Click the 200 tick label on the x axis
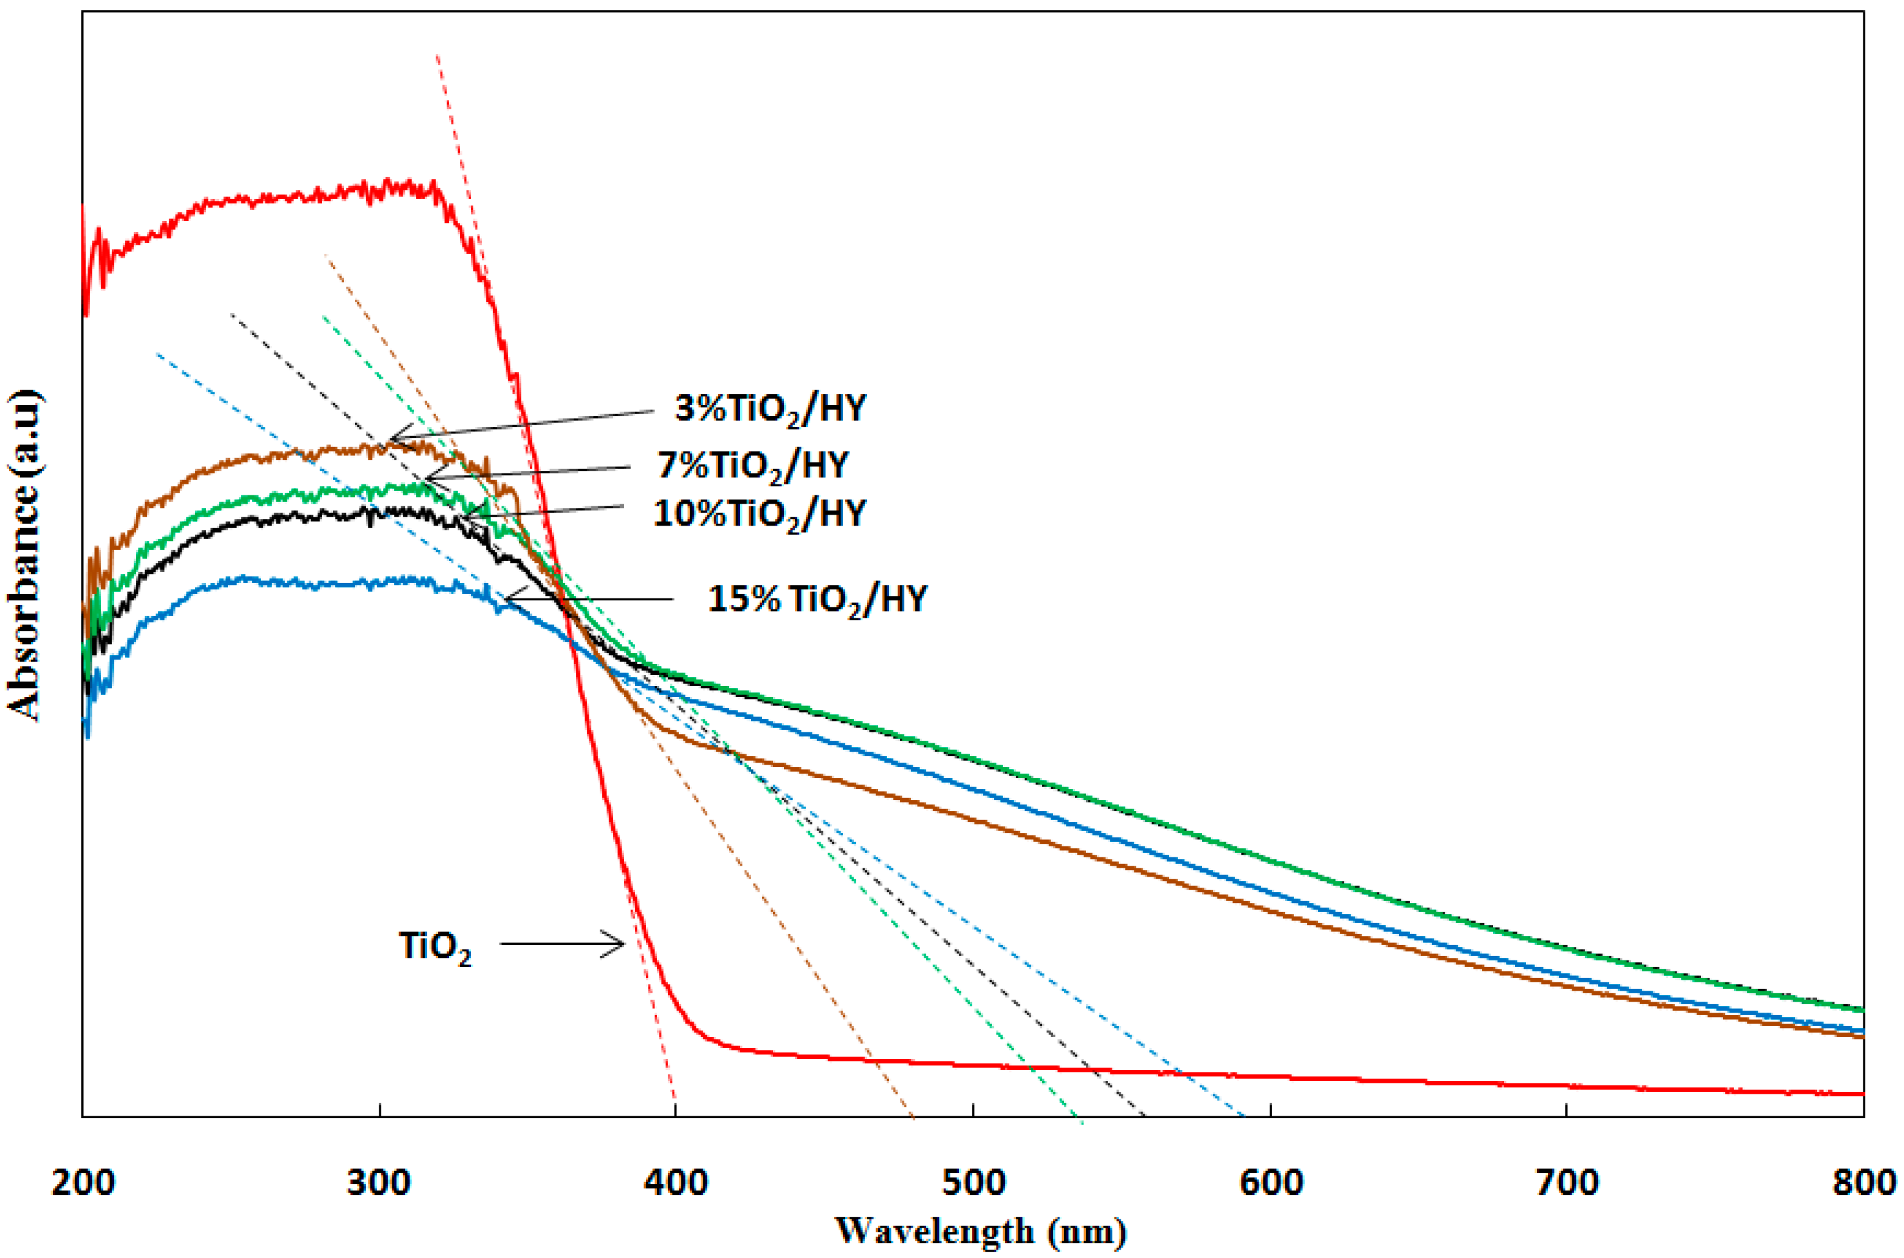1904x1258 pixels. tap(82, 1183)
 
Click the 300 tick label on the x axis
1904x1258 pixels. tap(379, 1183)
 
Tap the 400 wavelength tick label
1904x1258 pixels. tap(676, 1183)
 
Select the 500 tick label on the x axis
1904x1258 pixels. tap(973, 1183)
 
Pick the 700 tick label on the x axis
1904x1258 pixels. tap(1567, 1183)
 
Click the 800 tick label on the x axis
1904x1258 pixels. tap(1862, 1183)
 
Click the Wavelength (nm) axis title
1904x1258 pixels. tap(980, 1231)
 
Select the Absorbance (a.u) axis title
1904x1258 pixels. tap(24, 555)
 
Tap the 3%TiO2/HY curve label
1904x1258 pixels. tap(771, 409)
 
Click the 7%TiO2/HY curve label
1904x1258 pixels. tap(752, 465)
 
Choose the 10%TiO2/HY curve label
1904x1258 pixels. tap(759, 514)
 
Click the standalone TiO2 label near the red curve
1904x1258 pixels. tap(435, 947)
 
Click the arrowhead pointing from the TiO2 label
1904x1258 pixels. tap(618, 944)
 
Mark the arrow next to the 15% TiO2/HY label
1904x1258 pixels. tap(589, 598)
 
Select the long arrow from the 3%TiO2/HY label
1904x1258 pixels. tap(521, 425)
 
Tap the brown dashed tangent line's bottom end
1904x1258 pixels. tap(913, 1115)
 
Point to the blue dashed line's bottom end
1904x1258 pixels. tap(1242, 1114)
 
